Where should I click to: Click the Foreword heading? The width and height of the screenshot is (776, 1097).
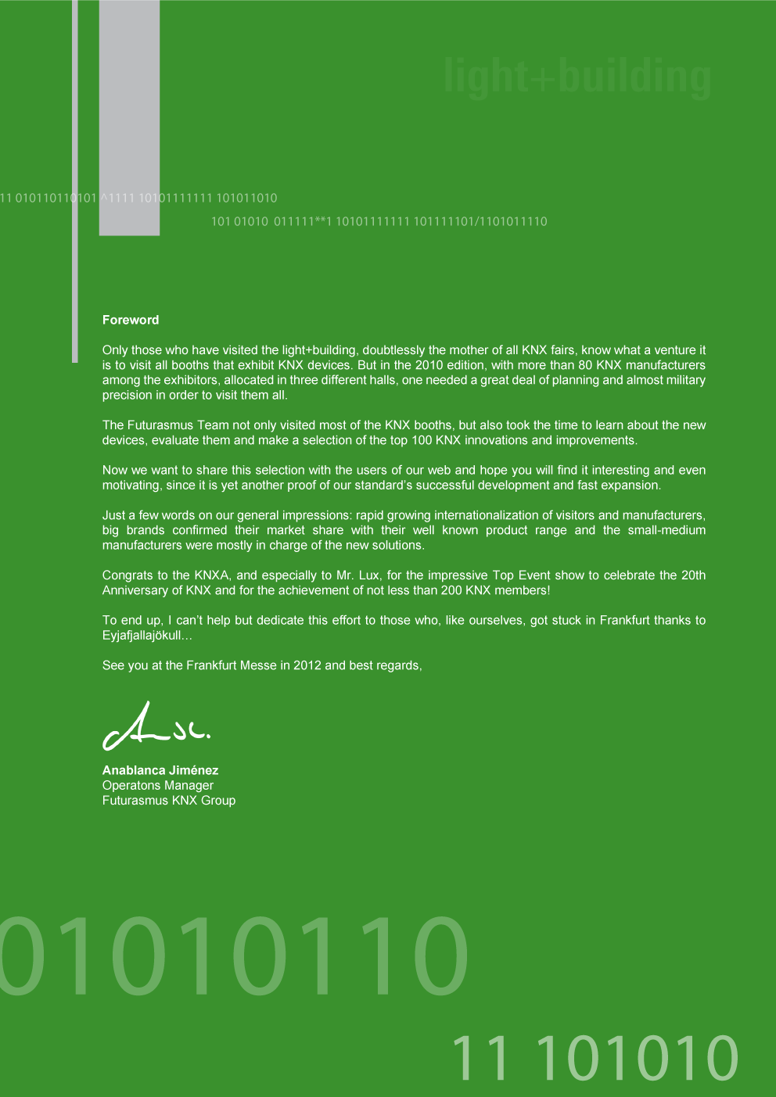[131, 320]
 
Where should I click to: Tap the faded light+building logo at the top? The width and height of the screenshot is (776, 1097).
[577, 77]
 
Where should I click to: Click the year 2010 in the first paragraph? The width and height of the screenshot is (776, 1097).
[429, 365]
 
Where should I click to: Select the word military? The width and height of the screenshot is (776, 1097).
[682, 380]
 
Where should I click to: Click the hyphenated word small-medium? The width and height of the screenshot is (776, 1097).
[666, 530]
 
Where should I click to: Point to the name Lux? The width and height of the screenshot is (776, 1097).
[368, 575]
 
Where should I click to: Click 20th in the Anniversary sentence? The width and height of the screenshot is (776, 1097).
[693, 575]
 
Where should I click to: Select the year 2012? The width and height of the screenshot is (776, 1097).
[307, 665]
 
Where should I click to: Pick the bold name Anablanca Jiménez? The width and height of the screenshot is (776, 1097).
[160, 770]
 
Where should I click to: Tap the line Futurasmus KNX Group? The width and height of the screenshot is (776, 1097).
[169, 801]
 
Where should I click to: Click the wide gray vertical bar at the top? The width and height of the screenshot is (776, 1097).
[129, 117]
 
